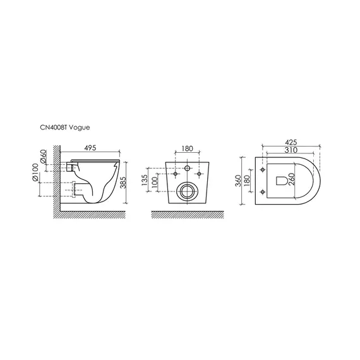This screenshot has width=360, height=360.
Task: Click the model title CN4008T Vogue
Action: [x=65, y=128]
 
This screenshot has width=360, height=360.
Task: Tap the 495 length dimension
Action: [x=90, y=148]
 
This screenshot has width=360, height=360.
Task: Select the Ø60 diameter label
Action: [x=44, y=157]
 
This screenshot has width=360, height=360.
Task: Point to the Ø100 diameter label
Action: [x=35, y=172]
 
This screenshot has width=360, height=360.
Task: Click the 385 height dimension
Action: [x=124, y=183]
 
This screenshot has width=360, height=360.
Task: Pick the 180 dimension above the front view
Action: [x=188, y=148]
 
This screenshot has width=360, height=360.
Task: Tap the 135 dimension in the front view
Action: [x=145, y=180]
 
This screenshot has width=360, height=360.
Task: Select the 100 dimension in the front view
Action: [x=155, y=182]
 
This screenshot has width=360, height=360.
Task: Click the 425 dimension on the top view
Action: [x=291, y=142]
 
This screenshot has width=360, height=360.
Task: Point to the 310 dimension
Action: [x=291, y=150]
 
